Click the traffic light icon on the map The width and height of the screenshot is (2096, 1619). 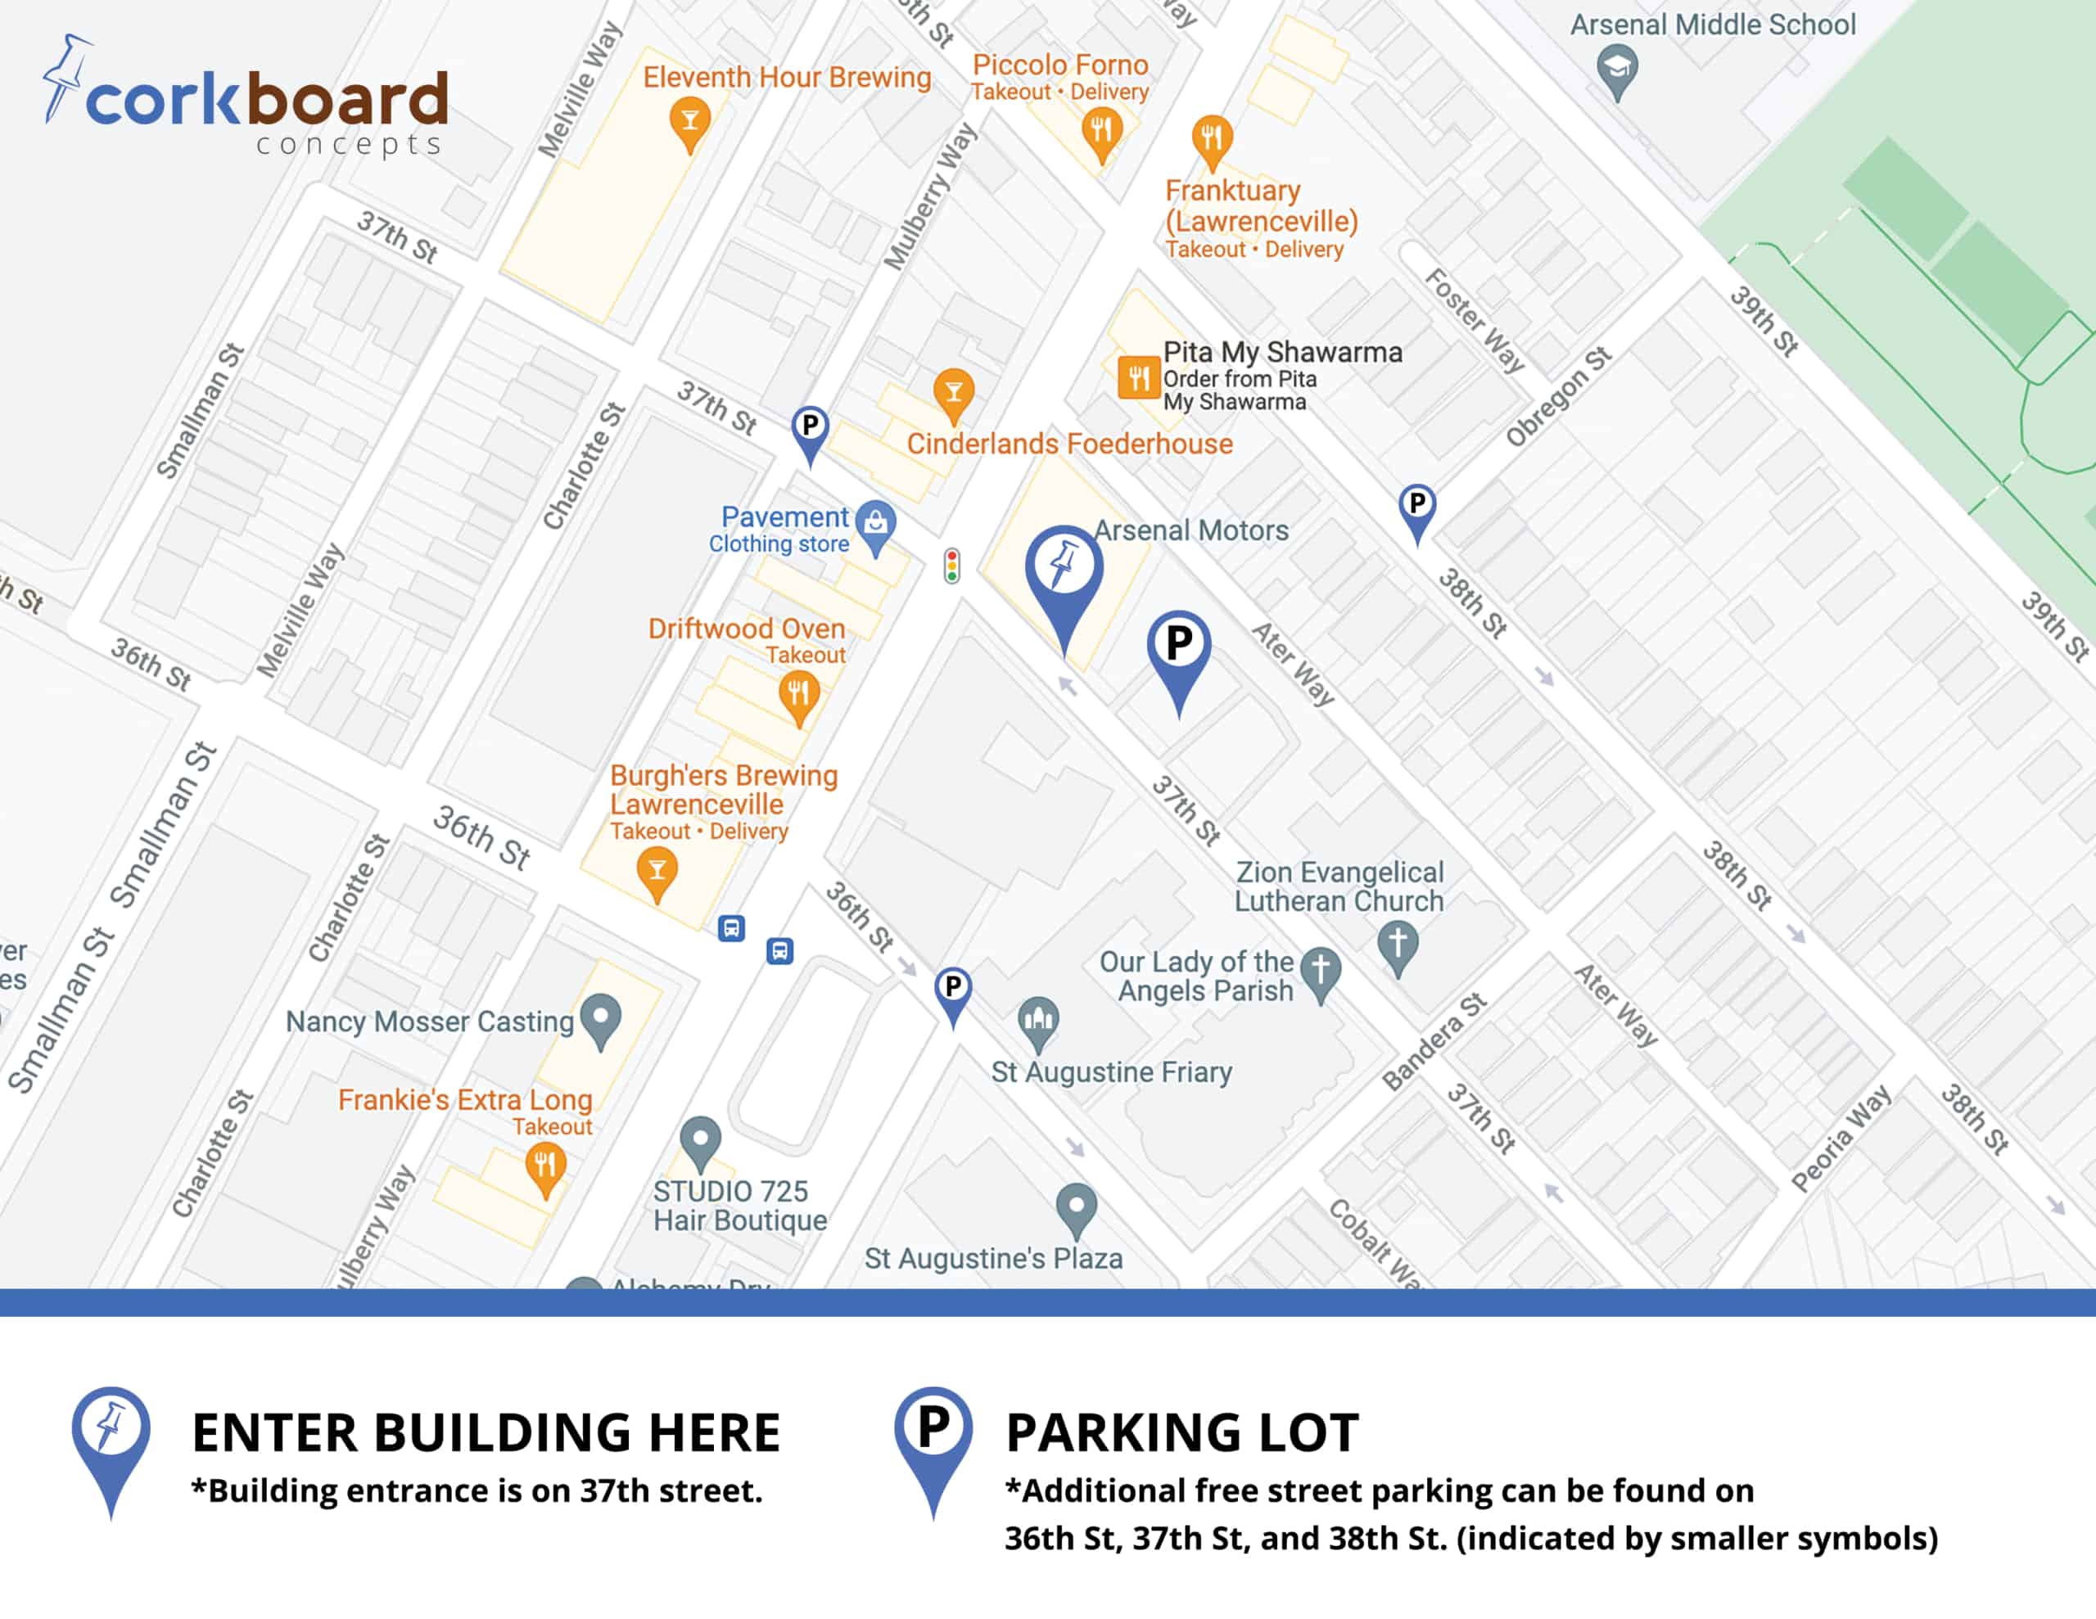[x=951, y=566]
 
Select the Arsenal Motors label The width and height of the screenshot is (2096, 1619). [x=1191, y=530]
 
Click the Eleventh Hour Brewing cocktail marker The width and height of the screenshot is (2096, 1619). [x=689, y=121]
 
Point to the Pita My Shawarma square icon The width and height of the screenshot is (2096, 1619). [x=1138, y=377]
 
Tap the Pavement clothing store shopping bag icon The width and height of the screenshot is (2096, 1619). [x=875, y=523]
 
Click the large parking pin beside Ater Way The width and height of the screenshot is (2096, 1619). [x=1178, y=647]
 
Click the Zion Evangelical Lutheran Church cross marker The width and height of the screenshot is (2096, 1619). [x=1398, y=944]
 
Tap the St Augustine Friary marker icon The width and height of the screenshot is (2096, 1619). [x=1038, y=1020]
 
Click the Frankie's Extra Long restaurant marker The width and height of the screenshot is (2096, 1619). [x=545, y=1167]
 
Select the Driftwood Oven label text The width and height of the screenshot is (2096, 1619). [x=746, y=629]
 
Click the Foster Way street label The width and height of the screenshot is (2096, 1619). [x=1473, y=319]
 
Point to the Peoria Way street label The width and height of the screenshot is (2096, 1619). [x=1841, y=1139]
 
